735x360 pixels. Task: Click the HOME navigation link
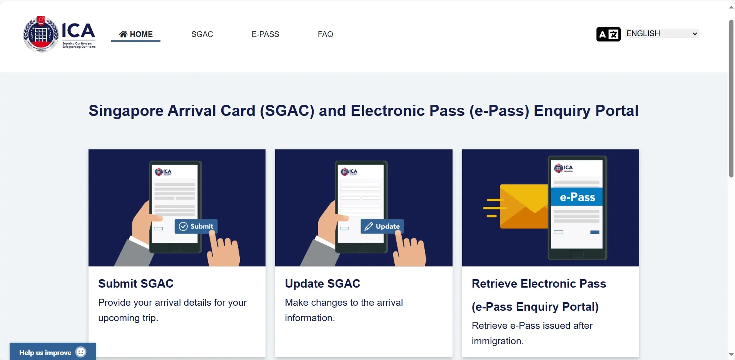(x=136, y=34)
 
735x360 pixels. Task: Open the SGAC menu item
(x=202, y=34)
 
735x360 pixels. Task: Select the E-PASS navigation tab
(x=266, y=34)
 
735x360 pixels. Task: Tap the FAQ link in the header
(x=326, y=34)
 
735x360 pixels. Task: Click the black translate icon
(x=608, y=34)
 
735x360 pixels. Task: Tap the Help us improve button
(x=53, y=352)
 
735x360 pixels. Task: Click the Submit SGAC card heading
(x=136, y=284)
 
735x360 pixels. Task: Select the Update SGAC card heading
(x=322, y=284)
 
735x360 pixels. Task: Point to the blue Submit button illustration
(x=196, y=226)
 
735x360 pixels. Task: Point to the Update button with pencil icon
(x=382, y=226)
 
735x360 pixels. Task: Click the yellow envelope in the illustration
(x=524, y=206)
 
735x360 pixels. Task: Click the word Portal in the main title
(x=617, y=111)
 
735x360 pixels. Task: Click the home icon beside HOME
(x=123, y=34)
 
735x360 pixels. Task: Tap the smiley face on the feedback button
(x=81, y=352)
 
